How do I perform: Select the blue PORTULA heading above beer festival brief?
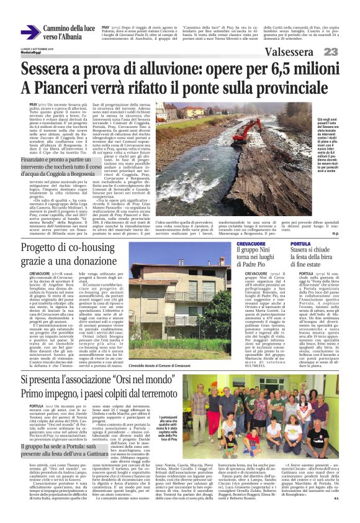tap(309, 245)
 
